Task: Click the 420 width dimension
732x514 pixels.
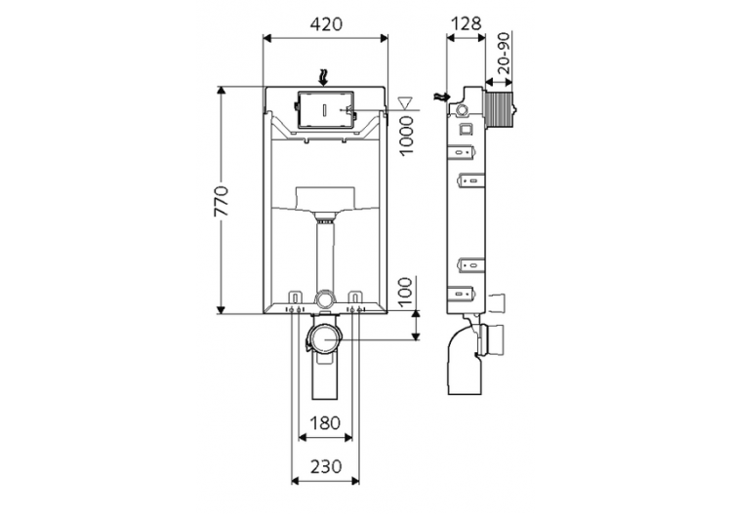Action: (x=326, y=24)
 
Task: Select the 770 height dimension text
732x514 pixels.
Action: (x=223, y=201)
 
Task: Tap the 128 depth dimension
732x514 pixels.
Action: (x=465, y=24)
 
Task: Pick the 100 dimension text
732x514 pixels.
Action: (x=406, y=290)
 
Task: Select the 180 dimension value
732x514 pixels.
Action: (x=326, y=423)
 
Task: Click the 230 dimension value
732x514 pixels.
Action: (x=326, y=466)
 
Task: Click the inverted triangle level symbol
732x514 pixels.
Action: (x=407, y=100)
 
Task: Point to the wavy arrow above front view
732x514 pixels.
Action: (x=326, y=75)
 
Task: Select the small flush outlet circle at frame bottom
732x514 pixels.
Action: (x=326, y=298)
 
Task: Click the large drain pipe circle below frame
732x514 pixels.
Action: (x=323, y=339)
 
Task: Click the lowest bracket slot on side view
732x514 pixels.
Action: (x=466, y=292)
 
